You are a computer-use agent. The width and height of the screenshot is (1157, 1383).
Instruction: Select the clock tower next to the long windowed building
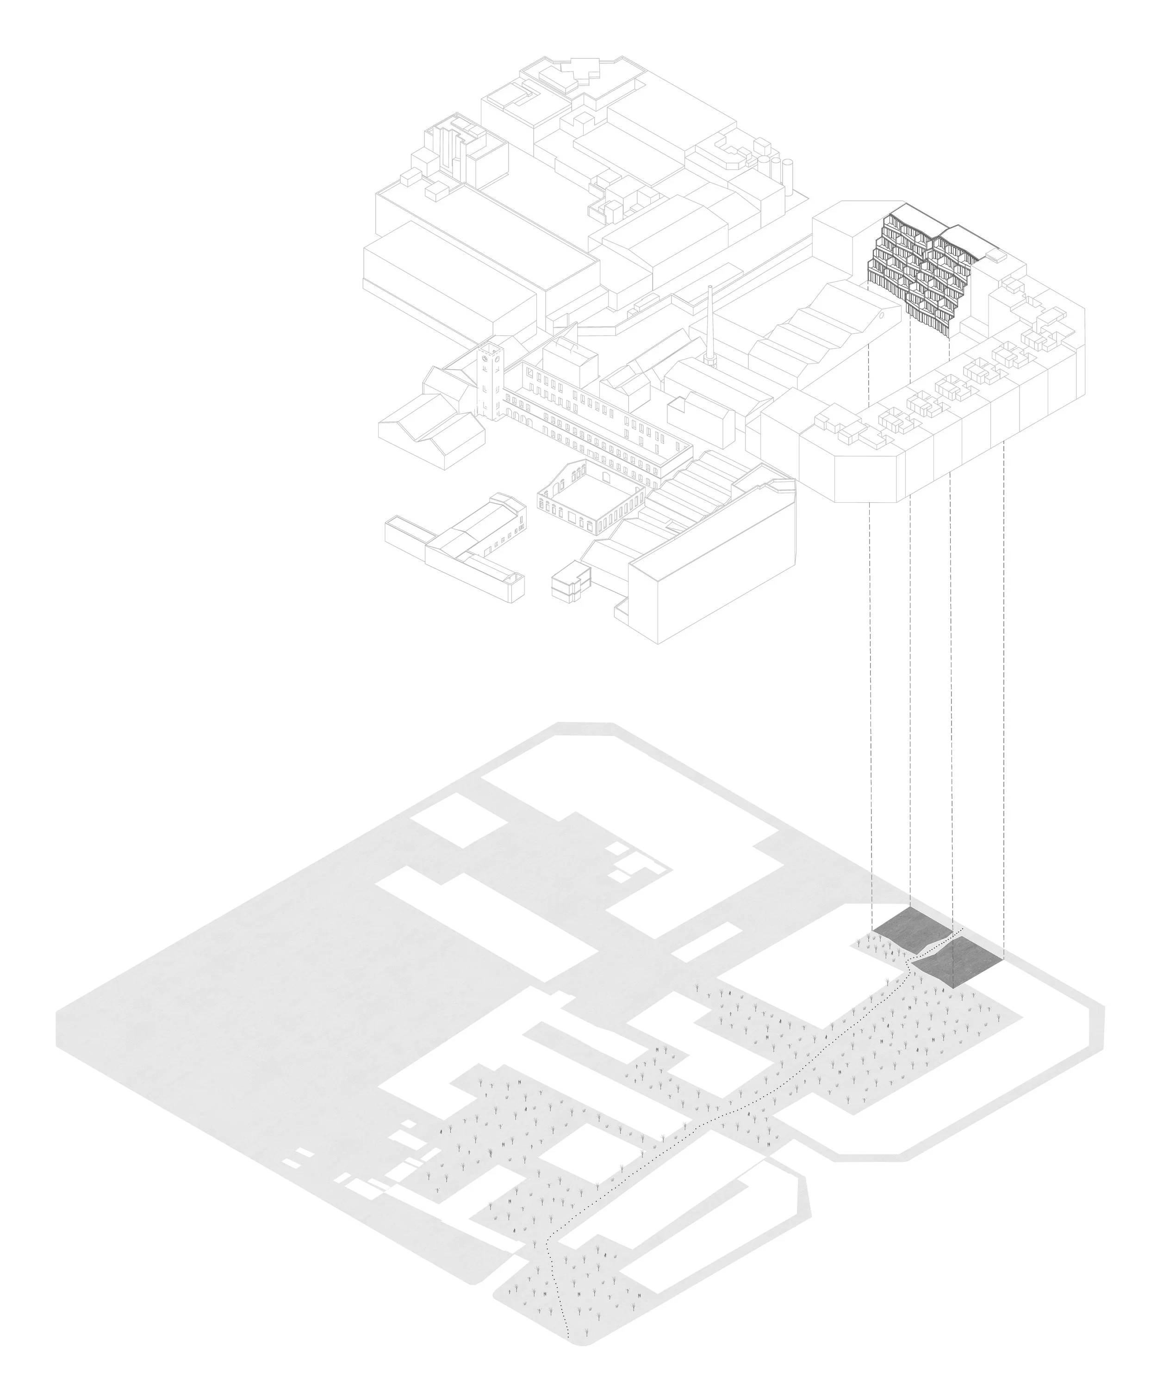[490, 382]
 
